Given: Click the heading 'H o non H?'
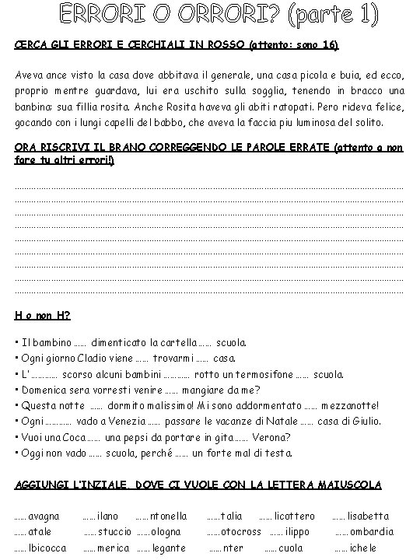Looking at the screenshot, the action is (43, 315).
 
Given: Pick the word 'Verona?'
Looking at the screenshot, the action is (271, 436).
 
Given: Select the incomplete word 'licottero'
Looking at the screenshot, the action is (293, 516).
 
